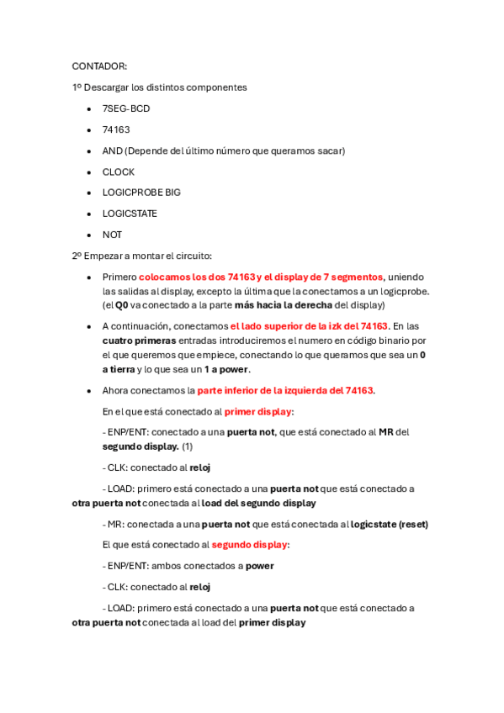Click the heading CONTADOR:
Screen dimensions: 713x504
tap(99, 66)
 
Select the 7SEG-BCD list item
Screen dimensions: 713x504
tap(126, 108)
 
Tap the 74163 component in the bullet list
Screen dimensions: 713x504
tap(116, 129)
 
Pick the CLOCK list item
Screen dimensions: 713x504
tap(119, 172)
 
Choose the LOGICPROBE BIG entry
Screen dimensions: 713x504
tap(141, 193)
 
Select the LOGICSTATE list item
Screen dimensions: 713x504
tap(130, 214)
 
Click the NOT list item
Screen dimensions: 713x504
tap(112, 235)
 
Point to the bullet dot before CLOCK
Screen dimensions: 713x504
tap(90, 172)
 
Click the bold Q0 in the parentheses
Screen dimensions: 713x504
tap(122, 305)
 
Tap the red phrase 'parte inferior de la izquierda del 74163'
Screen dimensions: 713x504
tap(285, 390)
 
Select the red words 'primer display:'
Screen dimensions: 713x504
tap(258, 411)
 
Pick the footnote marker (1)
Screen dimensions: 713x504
tap(188, 446)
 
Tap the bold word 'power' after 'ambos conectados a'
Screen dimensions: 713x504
tap(260, 566)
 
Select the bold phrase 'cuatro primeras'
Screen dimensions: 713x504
tap(139, 341)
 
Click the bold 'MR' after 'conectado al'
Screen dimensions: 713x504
tap(386, 432)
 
